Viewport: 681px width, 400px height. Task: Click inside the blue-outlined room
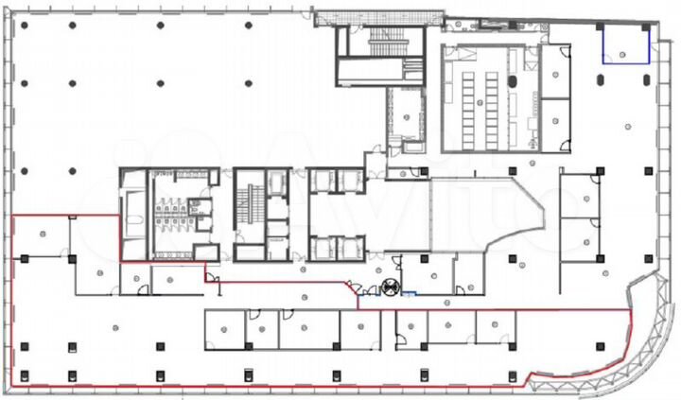coord(625,45)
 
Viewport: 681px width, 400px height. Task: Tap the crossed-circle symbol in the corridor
coord(389,288)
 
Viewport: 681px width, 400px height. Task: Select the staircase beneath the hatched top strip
coord(383,41)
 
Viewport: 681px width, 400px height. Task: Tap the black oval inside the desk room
coord(514,82)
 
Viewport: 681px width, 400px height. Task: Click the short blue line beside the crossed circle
coord(409,294)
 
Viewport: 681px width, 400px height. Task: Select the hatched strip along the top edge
coord(378,17)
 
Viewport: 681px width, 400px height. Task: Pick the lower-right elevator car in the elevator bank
coord(348,248)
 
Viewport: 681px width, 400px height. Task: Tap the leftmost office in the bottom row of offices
coord(223,328)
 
